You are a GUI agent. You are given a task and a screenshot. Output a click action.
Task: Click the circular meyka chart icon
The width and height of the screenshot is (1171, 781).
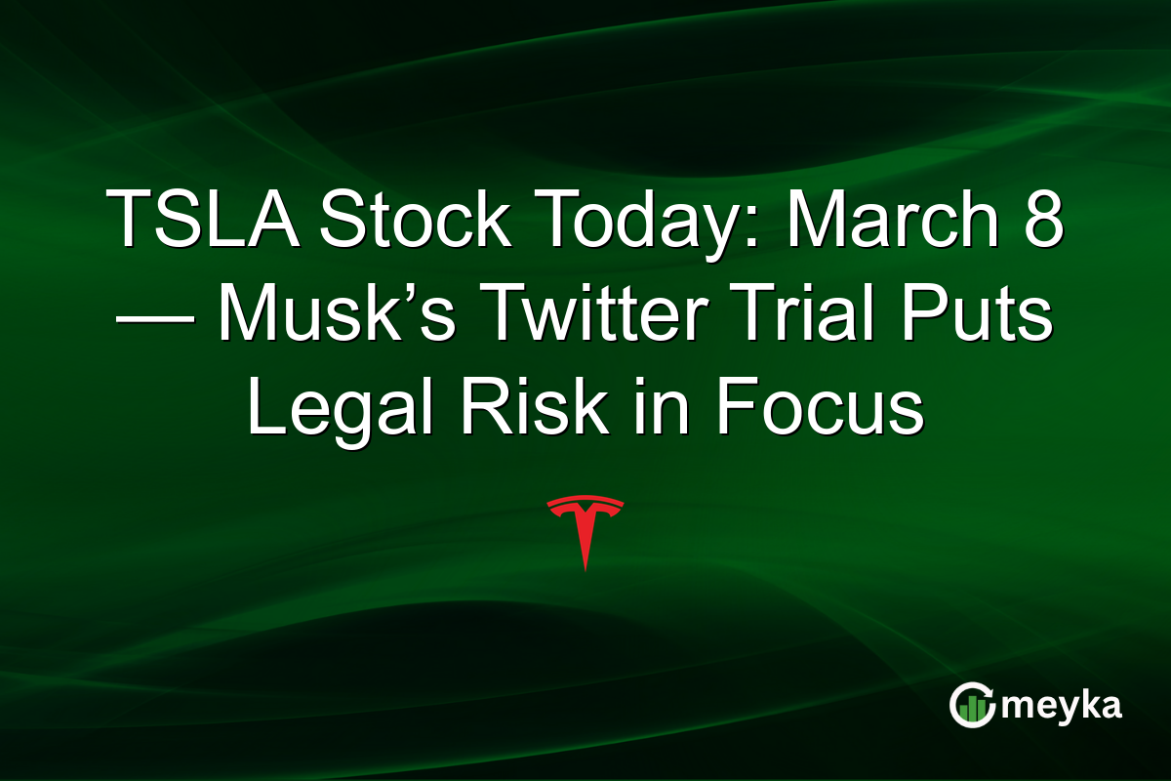[x=972, y=706]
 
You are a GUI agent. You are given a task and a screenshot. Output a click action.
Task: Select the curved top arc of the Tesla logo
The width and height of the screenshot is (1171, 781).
[x=585, y=502]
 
